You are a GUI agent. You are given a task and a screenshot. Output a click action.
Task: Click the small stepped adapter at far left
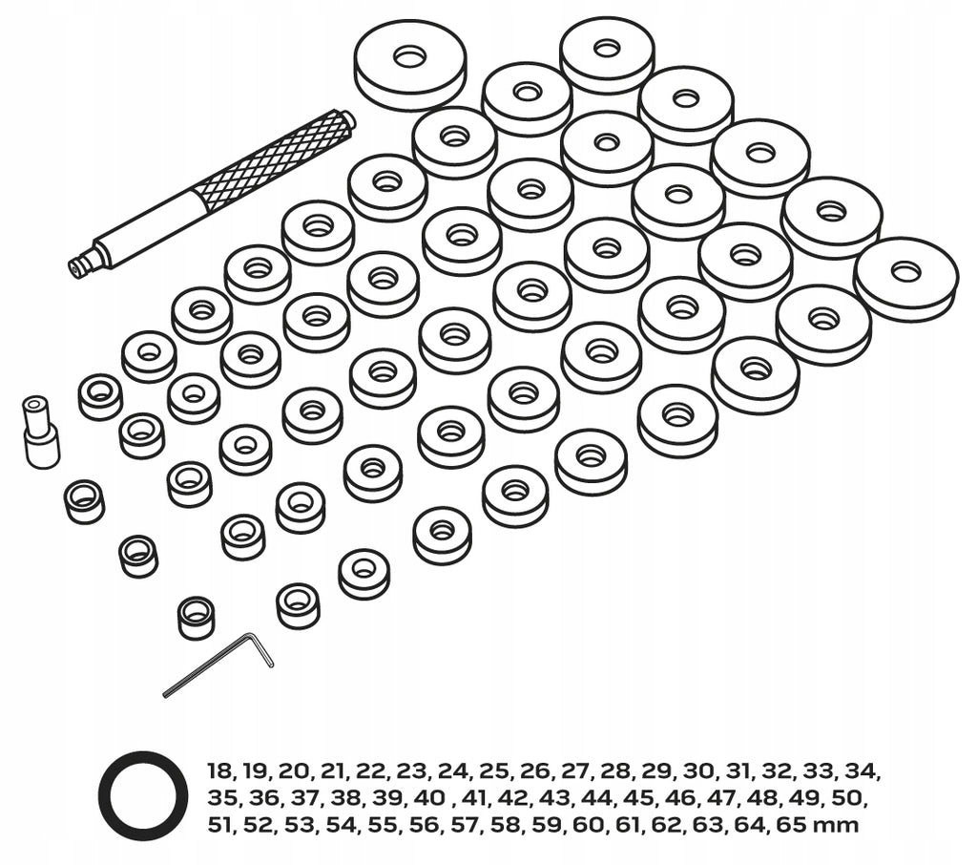tap(40, 431)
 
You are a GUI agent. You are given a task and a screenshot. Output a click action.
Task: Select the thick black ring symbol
tap(143, 795)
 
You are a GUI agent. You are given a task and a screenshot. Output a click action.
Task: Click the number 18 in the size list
tap(220, 771)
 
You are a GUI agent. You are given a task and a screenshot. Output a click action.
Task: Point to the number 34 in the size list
tap(863, 771)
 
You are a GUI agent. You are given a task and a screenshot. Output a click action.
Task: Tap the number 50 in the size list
tap(845, 798)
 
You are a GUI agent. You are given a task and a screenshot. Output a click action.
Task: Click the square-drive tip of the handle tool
tap(76, 267)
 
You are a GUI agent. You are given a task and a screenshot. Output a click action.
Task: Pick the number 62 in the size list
tap(670, 825)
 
